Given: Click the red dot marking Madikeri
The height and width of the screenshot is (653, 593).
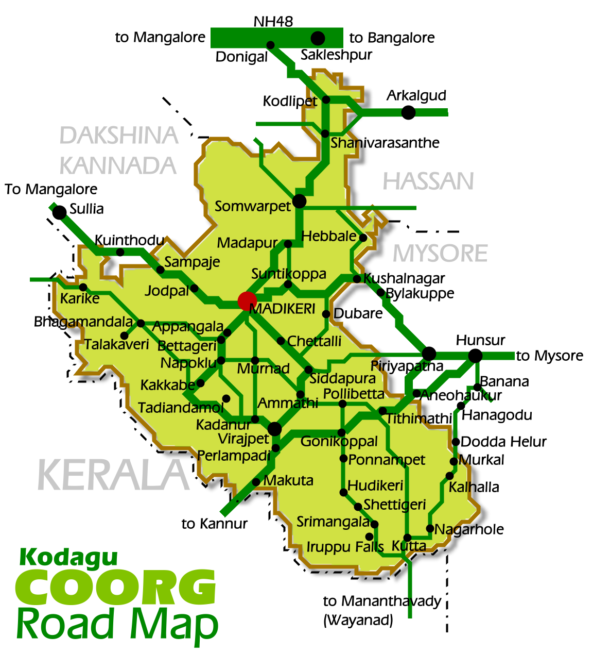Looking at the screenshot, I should [247, 301].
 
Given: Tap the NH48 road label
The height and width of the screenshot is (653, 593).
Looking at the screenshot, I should [273, 22].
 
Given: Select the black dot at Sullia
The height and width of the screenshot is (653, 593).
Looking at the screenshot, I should [60, 212].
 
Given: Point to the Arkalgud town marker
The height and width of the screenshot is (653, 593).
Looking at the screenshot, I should [408, 112].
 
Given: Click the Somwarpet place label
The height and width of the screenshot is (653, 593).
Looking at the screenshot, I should [253, 207].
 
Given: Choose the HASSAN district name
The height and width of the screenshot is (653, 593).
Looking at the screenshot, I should [428, 181].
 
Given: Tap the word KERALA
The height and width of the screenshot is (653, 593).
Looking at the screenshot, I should [114, 475].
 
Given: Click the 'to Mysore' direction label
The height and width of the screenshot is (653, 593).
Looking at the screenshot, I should [549, 356].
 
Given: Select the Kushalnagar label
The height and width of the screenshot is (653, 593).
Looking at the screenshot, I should [404, 279].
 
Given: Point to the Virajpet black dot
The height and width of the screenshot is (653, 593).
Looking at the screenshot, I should [274, 428].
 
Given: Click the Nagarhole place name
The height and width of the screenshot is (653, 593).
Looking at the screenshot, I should [469, 529].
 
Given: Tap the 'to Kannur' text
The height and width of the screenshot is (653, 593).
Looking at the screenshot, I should [215, 524].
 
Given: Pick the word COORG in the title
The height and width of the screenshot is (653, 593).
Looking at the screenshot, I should [116, 588].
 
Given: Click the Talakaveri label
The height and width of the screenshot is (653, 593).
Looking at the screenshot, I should [117, 344].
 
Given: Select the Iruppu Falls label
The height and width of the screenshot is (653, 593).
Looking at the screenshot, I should [345, 546].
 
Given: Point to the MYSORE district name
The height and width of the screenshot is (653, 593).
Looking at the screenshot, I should [440, 254].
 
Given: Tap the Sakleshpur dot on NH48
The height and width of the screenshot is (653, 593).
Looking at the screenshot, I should [318, 38].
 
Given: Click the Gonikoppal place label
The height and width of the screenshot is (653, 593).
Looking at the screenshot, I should [339, 442].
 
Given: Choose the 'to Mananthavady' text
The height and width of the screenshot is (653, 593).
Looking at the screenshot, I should [382, 601].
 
